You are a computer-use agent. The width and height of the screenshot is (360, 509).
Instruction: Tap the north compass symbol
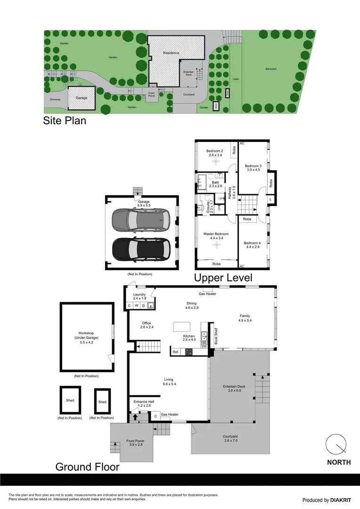(336, 444)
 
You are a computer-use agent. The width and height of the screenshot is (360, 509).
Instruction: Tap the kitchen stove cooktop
(189, 352)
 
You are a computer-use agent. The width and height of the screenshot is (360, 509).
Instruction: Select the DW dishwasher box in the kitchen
(205, 346)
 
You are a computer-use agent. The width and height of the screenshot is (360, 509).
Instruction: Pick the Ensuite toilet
(201, 207)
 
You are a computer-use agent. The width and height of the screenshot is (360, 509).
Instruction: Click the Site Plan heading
(65, 121)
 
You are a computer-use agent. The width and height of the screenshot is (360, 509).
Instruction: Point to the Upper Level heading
(223, 278)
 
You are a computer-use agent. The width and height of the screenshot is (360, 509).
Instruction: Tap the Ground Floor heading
(87, 467)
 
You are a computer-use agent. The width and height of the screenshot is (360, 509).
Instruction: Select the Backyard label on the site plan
(270, 69)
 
